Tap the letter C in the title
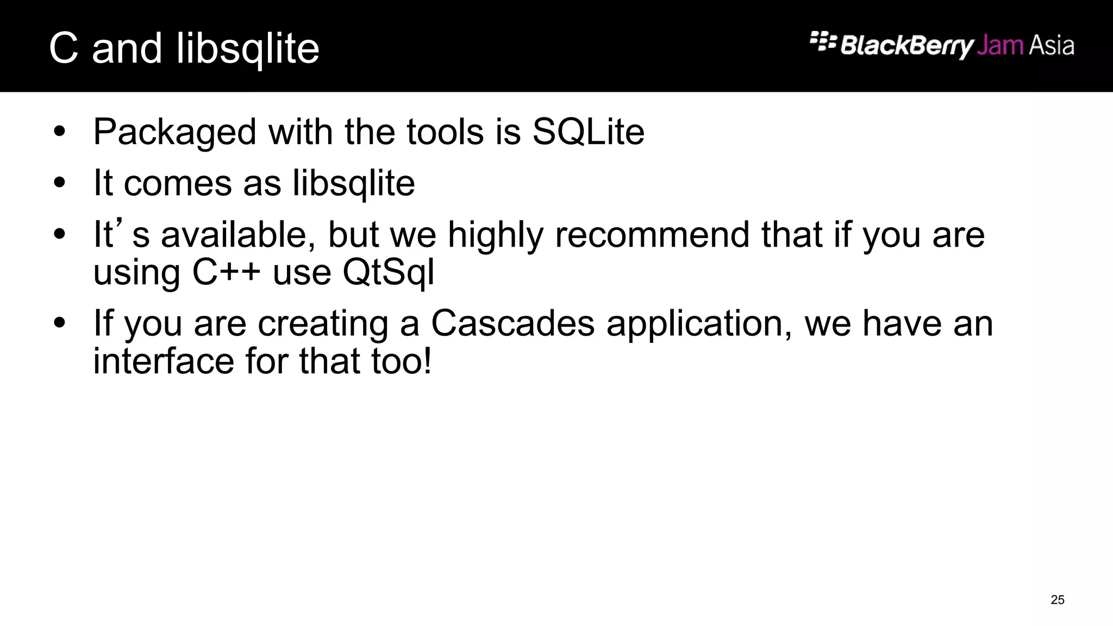(x=64, y=48)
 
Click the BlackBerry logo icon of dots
(x=823, y=41)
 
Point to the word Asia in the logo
(x=1052, y=46)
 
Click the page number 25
(x=1058, y=600)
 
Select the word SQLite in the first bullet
(x=588, y=132)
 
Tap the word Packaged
(x=174, y=133)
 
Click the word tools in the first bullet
(x=445, y=132)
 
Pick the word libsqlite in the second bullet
(x=354, y=183)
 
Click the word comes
(x=178, y=183)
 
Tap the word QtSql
(x=389, y=272)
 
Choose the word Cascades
(x=512, y=323)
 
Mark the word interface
(x=164, y=361)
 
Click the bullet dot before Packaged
(x=60, y=132)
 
